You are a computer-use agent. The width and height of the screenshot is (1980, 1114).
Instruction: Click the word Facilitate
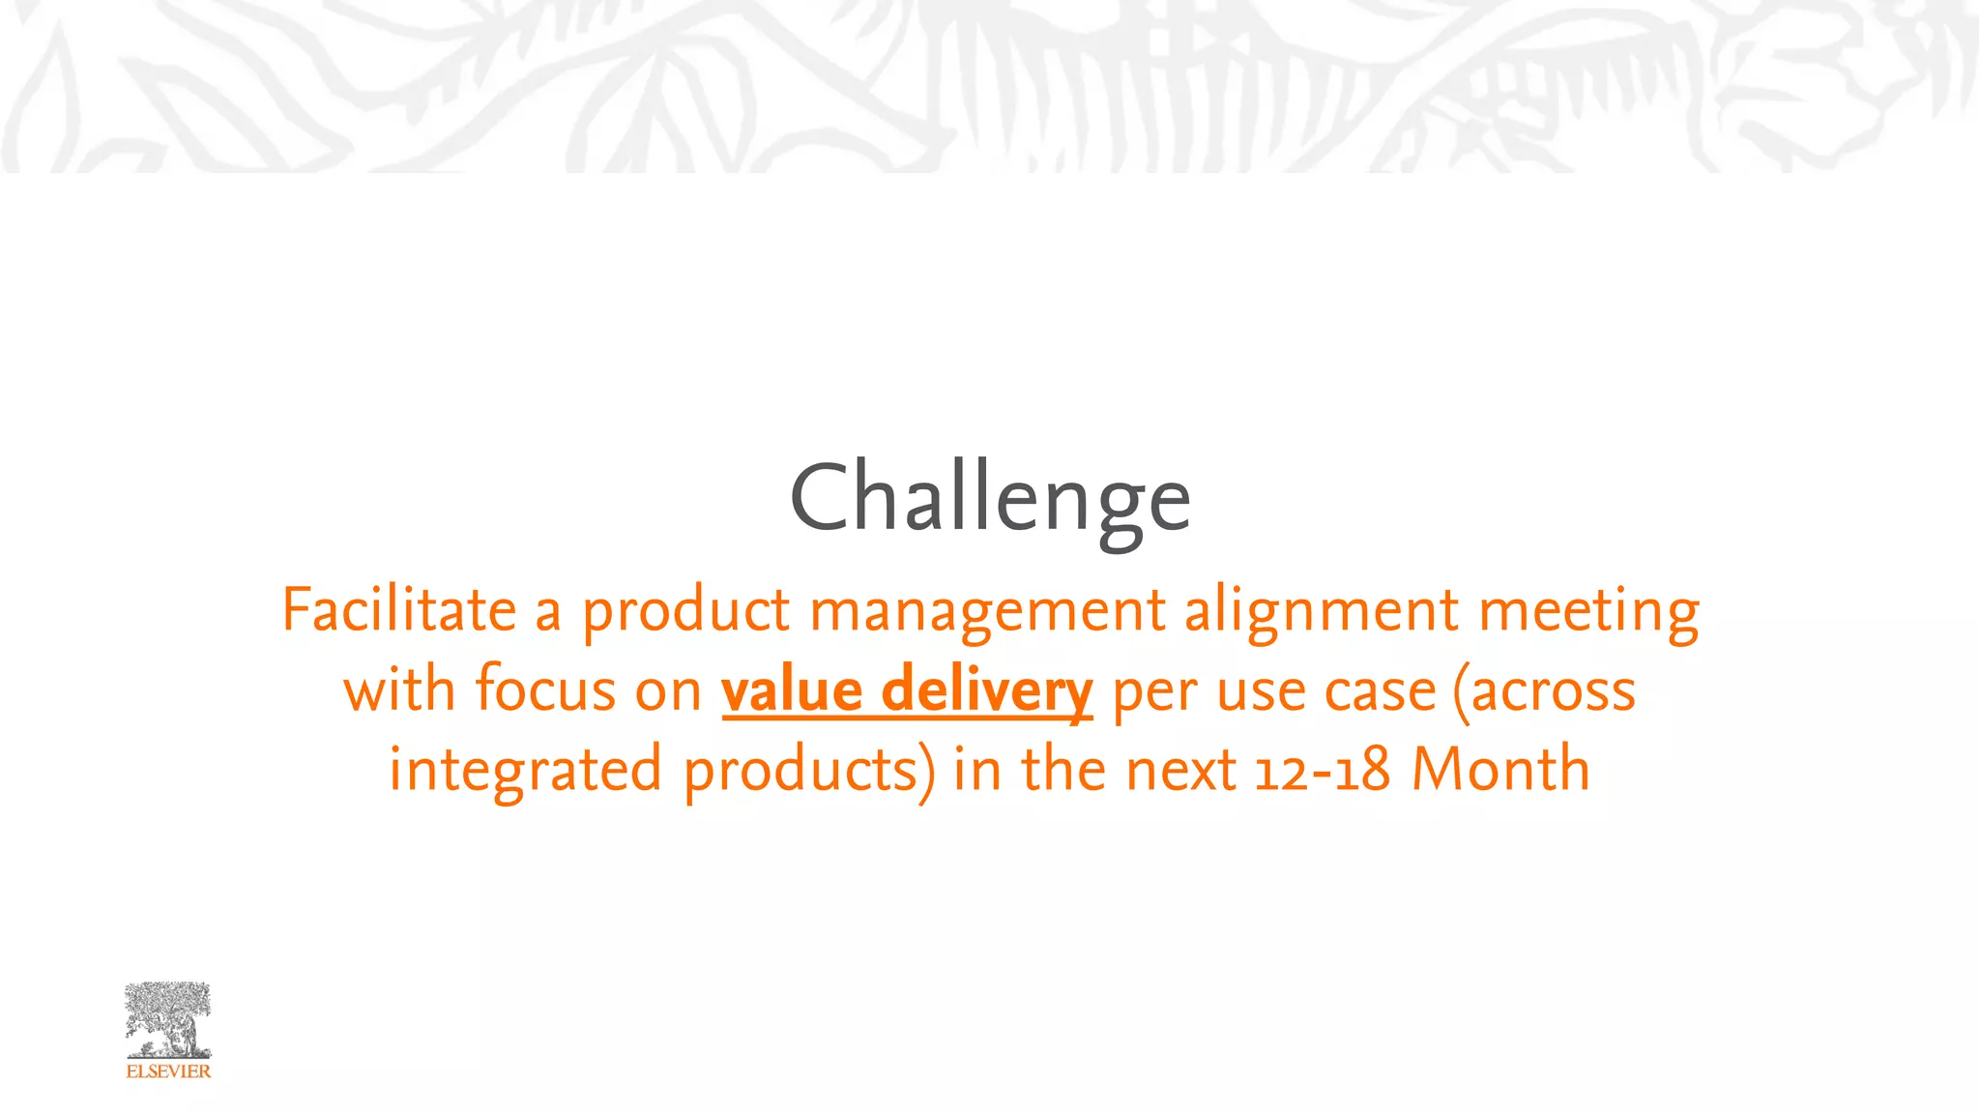coord(399,610)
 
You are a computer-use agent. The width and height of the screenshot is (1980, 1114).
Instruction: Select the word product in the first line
coord(685,612)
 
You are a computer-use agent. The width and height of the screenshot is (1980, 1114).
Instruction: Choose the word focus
coord(545,690)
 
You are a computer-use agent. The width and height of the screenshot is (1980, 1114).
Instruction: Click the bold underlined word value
coord(792,690)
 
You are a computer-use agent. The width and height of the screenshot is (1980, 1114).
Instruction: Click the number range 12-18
coord(1323,771)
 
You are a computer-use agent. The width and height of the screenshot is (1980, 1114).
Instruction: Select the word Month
coord(1500,770)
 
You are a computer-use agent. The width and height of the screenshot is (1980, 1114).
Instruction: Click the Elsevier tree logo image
coord(168,1020)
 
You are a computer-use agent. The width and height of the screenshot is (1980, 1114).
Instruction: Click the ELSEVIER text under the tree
coord(168,1071)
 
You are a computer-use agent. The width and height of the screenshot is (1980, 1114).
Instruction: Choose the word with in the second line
coord(399,690)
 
